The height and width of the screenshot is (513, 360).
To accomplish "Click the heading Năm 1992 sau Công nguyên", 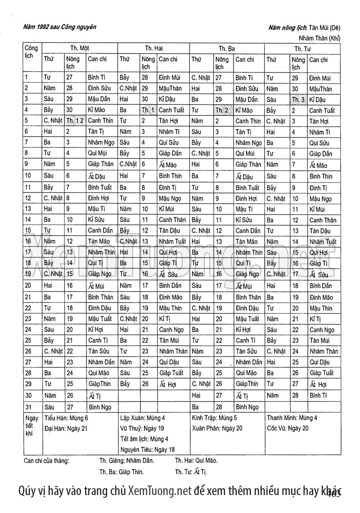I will (59, 27).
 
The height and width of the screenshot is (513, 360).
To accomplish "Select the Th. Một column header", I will (80, 48).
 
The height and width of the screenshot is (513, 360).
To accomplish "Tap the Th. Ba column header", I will (227, 48).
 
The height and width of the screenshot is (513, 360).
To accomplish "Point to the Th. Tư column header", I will (302, 48).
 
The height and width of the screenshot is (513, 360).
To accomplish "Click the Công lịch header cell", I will (31, 52).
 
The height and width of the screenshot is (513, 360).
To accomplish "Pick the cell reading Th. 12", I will (75, 121).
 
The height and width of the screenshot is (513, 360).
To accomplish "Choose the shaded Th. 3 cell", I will (298, 99).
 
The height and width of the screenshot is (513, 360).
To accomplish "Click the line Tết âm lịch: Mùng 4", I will (144, 439).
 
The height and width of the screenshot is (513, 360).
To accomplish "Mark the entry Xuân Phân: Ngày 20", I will (217, 428).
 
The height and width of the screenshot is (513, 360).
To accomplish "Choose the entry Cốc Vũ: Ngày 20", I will (288, 428).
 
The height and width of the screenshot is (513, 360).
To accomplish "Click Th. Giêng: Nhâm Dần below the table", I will (126, 460).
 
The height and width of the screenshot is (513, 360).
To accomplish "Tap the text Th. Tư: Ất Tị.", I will (191, 472).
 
